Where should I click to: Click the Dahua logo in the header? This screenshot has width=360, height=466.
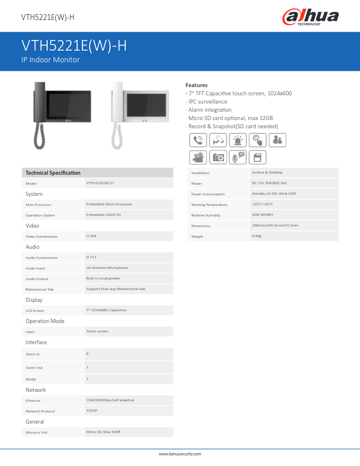[311, 16]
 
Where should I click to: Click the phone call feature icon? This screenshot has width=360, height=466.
[198, 140]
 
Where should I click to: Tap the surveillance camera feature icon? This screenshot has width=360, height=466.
[218, 140]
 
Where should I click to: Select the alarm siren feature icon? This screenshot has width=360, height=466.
[238, 140]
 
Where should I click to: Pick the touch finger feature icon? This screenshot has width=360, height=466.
[258, 140]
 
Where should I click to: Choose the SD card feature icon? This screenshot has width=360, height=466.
[258, 157]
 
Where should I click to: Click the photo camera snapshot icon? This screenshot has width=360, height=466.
[218, 157]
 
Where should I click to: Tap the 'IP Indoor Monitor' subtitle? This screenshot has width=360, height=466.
[51, 60]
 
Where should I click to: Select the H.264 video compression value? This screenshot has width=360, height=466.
[92, 235]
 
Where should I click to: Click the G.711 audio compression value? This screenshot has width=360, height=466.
[92, 257]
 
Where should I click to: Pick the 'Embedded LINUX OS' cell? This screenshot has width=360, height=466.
[104, 215]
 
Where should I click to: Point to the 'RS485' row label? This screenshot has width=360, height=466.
[31, 380]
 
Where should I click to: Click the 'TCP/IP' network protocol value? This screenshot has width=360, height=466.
[92, 411]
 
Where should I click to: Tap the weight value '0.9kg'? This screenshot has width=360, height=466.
[256, 236]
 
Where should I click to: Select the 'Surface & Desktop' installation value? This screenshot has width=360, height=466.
[267, 172]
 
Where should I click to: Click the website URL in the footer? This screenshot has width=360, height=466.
[180, 454]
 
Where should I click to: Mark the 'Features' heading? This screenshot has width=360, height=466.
[196, 85]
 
